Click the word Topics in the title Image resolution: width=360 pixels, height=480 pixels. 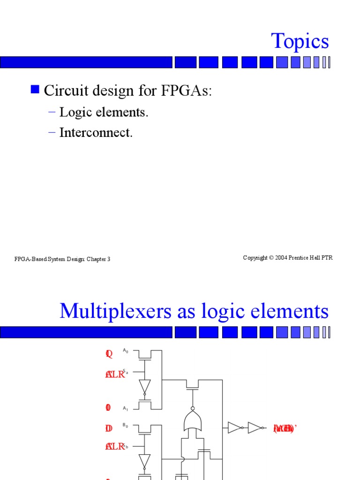click(300, 41)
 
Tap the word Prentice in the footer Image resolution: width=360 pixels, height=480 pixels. click(300, 258)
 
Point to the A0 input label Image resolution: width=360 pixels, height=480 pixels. click(125, 351)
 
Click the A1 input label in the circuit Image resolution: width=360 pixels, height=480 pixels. click(125, 408)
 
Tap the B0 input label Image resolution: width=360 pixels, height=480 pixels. click(125, 426)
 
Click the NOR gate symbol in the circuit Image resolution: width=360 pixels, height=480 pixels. click(192, 421)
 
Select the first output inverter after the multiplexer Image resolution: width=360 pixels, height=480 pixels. click(235, 427)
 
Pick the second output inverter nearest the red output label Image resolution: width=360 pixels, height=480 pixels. click(255, 427)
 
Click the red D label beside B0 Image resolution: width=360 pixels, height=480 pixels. click(109, 428)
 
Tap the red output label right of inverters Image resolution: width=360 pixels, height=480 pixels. click(284, 428)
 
